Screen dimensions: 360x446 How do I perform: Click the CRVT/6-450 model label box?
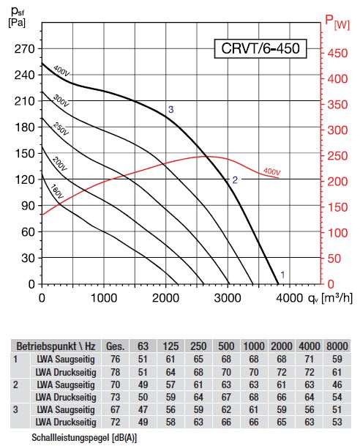pos(260,48)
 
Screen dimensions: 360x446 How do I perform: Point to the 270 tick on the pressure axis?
pos(24,49)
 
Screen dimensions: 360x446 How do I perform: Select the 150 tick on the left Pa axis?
pos(24,154)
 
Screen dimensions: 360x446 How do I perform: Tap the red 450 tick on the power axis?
pos(337,53)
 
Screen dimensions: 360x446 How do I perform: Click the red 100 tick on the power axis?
pos(337,233)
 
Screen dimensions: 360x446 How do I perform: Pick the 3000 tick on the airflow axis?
pos(228,298)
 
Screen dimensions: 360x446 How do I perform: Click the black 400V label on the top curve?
pos(61,71)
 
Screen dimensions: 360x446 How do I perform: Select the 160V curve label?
pos(56,191)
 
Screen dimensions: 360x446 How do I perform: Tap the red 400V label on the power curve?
pos(272,171)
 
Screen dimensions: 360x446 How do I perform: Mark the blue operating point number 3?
pos(170,110)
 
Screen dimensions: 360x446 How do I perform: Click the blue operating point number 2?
pos(235,180)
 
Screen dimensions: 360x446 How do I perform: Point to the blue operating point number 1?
pos(282,275)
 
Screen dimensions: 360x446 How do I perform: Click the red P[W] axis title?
pos(337,22)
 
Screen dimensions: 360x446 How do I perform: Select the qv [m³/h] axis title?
pos(330,298)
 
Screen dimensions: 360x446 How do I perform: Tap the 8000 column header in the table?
pos(337,346)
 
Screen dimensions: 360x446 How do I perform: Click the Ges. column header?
pos(115,346)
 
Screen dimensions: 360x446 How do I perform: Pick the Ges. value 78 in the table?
pos(115,372)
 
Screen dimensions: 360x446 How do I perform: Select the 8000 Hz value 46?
pos(337,384)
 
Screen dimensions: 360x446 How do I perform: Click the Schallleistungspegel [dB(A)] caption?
pos(84,437)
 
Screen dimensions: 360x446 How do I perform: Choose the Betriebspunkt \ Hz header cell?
pos(56,346)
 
